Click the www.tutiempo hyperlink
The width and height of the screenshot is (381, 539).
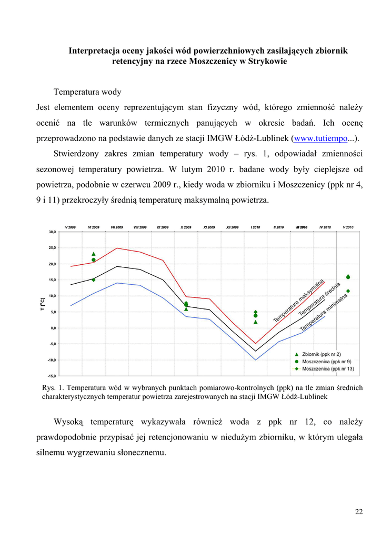tap(320, 138)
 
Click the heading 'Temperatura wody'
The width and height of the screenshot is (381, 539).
tap(87, 92)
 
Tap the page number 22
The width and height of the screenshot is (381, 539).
tap(359, 512)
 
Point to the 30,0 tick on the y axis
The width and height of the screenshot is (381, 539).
tap(53, 232)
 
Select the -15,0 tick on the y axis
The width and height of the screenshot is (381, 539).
tap(52, 376)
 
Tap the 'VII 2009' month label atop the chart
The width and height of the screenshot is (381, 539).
tap(117, 227)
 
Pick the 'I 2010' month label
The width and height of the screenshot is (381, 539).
tap(255, 227)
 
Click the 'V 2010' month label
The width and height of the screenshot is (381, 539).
tap(348, 227)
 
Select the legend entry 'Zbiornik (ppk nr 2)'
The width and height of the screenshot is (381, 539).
tap(322, 354)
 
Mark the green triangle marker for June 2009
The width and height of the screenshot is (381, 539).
tap(94, 254)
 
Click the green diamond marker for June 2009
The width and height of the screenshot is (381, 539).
tap(94, 280)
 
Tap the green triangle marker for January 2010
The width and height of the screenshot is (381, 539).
tap(256, 322)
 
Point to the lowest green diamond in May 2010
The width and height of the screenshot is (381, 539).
tap(348, 291)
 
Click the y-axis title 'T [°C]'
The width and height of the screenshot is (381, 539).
tap(43, 304)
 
